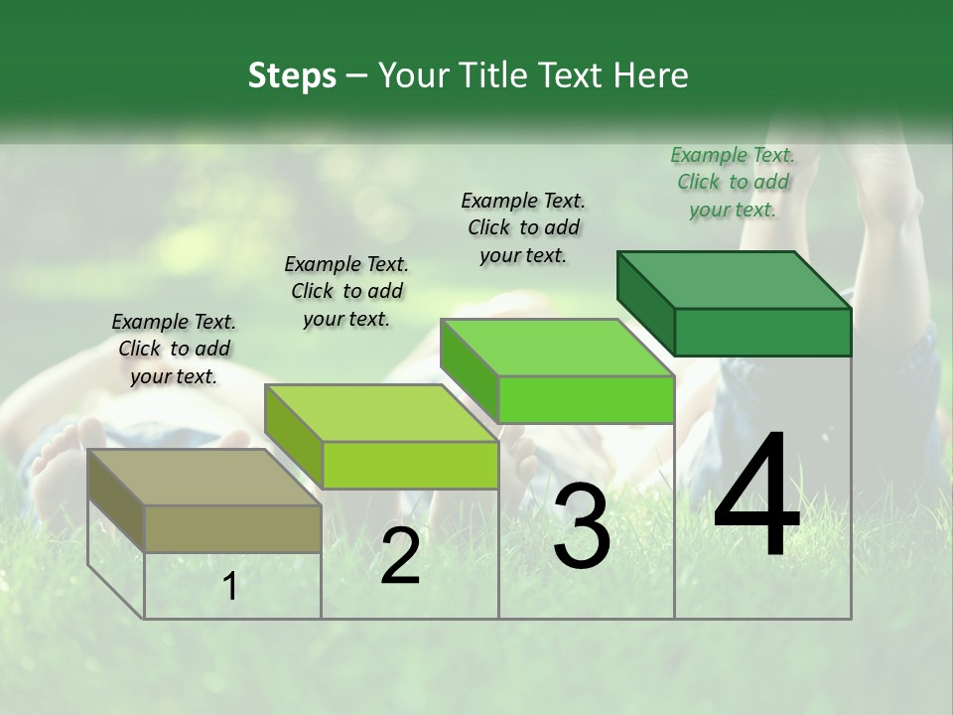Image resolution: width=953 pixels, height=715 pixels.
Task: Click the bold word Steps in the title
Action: click(292, 75)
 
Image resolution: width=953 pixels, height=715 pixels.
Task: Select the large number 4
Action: click(756, 496)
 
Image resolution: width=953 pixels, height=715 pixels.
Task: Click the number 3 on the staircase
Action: click(582, 526)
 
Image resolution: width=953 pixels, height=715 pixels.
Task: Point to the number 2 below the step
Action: click(400, 556)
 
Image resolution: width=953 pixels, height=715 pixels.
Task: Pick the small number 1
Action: click(230, 587)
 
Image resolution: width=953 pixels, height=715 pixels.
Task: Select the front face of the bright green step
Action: click(586, 400)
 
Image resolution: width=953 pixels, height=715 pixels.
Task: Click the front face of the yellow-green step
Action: click(410, 465)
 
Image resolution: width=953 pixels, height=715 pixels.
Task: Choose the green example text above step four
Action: click(733, 182)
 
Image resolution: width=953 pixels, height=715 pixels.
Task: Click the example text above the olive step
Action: click(174, 349)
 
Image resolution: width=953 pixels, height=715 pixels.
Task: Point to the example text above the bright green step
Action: click(523, 227)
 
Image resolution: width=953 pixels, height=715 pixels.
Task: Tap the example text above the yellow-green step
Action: click(346, 291)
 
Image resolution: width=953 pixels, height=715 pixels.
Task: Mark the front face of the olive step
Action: click(233, 528)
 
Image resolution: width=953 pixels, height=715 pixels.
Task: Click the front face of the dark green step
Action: click(762, 332)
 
